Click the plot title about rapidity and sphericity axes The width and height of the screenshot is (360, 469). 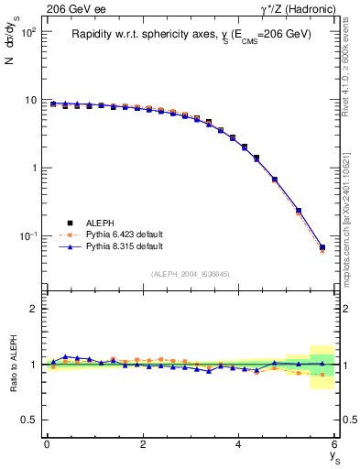pyautogui.click(x=191, y=34)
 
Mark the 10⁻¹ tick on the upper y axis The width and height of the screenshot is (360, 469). pyautogui.click(x=28, y=235)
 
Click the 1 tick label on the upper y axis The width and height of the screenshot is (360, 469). pyautogui.click(x=34, y=168)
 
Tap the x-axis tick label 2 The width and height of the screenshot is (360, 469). pyautogui.click(x=143, y=444)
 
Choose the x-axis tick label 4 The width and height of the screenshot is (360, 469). pyautogui.click(x=239, y=444)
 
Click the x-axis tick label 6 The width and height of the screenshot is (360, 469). pyautogui.click(x=334, y=444)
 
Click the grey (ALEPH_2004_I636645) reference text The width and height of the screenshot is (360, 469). pyautogui.click(x=191, y=274)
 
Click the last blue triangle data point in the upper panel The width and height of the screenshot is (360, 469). pyautogui.click(x=322, y=246)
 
